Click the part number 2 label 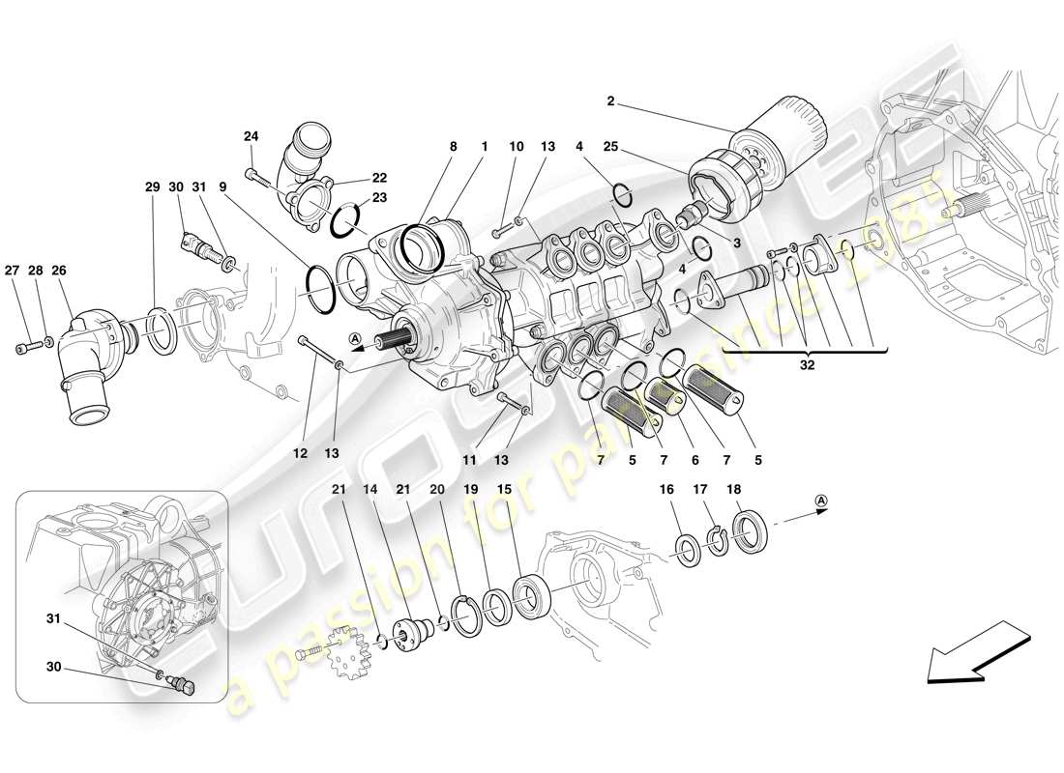pos(610,101)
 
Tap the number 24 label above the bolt pos(251,136)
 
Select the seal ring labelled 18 pos(751,530)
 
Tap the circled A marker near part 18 pos(821,500)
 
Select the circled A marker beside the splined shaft pos(356,338)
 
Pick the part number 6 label pos(696,460)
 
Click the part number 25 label pos(610,147)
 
